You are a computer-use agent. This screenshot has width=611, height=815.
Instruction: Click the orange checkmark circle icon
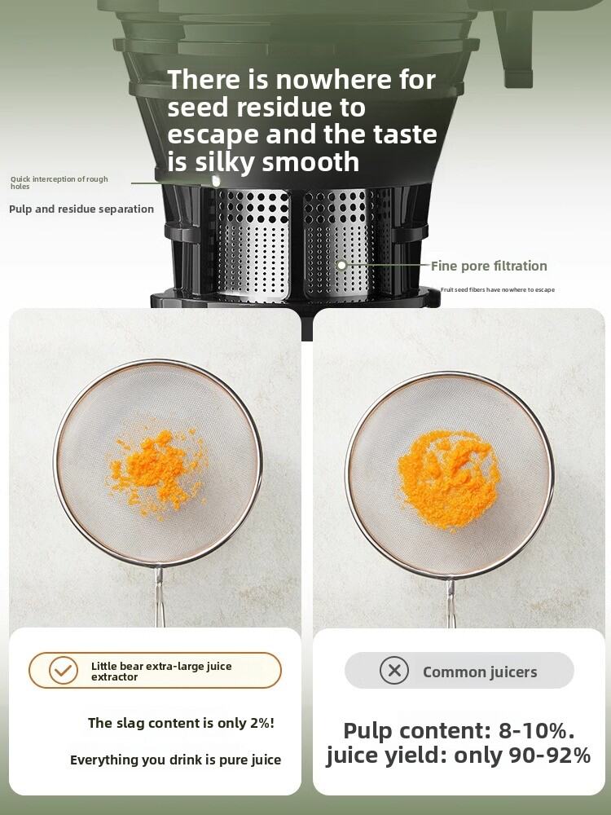click(63, 671)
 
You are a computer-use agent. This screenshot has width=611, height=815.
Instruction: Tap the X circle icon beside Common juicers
click(393, 671)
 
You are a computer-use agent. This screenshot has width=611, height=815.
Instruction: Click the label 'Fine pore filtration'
click(489, 266)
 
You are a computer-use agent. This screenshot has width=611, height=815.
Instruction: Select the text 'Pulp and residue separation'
click(81, 209)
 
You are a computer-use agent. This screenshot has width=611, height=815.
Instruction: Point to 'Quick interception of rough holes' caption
click(59, 183)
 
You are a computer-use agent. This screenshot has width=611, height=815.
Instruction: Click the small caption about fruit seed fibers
click(497, 289)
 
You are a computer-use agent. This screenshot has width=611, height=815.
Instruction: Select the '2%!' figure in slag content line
click(262, 723)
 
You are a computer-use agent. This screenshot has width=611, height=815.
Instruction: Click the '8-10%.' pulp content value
click(537, 730)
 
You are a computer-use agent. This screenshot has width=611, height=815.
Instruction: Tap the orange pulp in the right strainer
click(448, 478)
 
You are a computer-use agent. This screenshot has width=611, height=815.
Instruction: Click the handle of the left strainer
click(159, 597)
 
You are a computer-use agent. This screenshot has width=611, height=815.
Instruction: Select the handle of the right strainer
click(450, 603)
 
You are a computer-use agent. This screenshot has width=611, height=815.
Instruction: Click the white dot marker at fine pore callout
click(341, 265)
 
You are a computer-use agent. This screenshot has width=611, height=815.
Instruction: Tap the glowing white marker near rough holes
click(216, 181)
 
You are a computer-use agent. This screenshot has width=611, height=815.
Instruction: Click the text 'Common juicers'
click(480, 672)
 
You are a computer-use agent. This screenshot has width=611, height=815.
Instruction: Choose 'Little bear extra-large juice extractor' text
click(161, 671)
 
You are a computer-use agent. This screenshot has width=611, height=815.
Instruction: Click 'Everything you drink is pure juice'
click(176, 760)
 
